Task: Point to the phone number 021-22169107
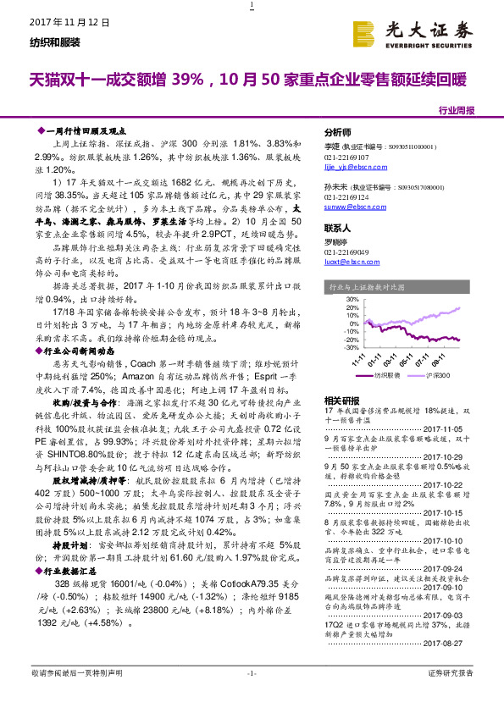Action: click(x=347, y=158)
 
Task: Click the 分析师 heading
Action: click(x=338, y=134)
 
